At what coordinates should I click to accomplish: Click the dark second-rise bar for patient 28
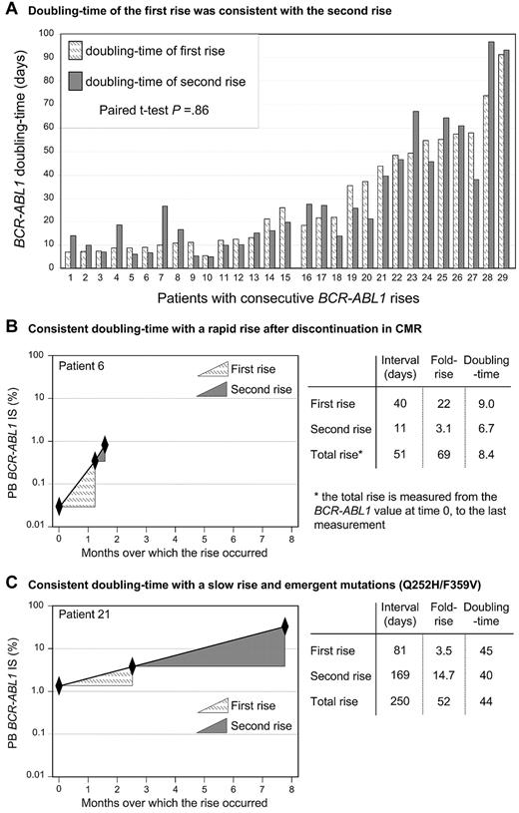(491, 155)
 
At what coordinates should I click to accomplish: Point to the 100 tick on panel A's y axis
(46, 32)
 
